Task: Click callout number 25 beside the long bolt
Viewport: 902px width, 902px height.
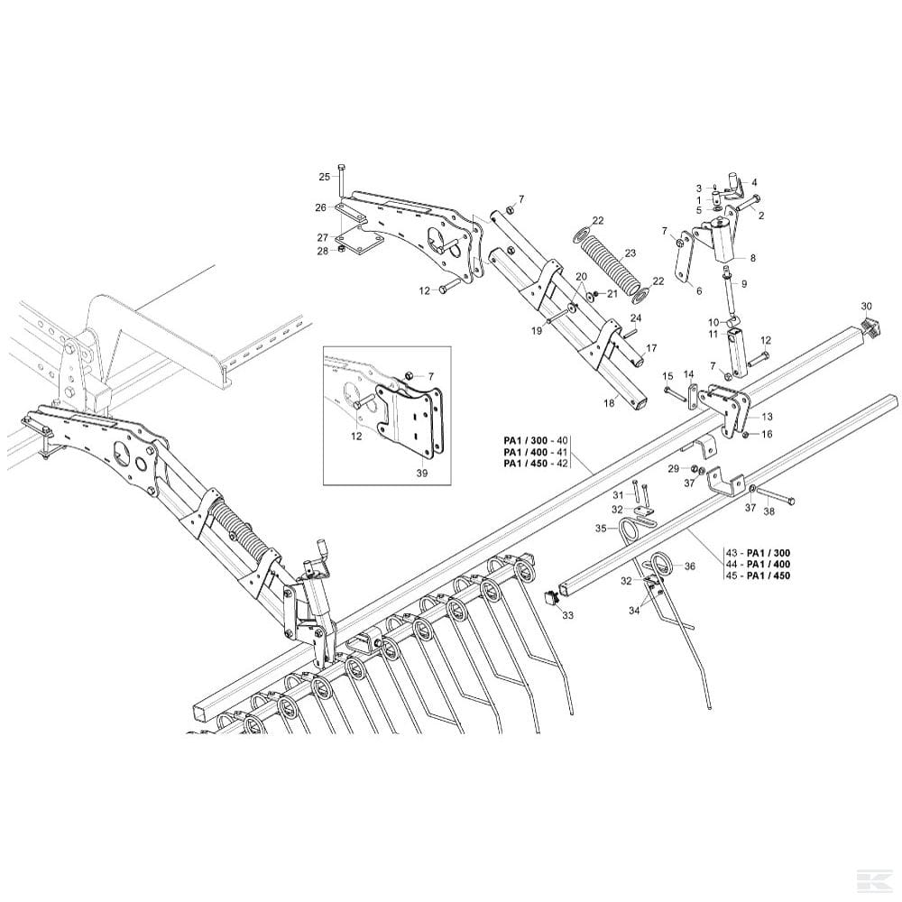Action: pos(325,177)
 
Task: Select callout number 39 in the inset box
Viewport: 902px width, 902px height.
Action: pos(422,473)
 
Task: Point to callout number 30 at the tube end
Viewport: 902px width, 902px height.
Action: pos(866,305)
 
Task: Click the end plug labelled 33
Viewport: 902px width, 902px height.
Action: pos(552,598)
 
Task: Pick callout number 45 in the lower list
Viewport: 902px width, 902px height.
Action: pos(732,575)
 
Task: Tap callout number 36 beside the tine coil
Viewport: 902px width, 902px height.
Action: pos(690,566)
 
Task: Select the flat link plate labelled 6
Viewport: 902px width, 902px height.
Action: pos(684,259)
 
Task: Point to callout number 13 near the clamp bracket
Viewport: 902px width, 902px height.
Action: pos(767,417)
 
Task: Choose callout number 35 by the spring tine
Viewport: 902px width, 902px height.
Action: pos(601,529)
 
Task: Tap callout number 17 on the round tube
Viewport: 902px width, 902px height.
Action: pos(651,348)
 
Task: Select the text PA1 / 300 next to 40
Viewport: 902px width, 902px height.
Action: pos(525,441)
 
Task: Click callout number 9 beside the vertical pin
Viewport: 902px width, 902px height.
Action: pos(743,283)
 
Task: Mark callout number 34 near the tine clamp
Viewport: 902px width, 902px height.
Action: pos(634,611)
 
